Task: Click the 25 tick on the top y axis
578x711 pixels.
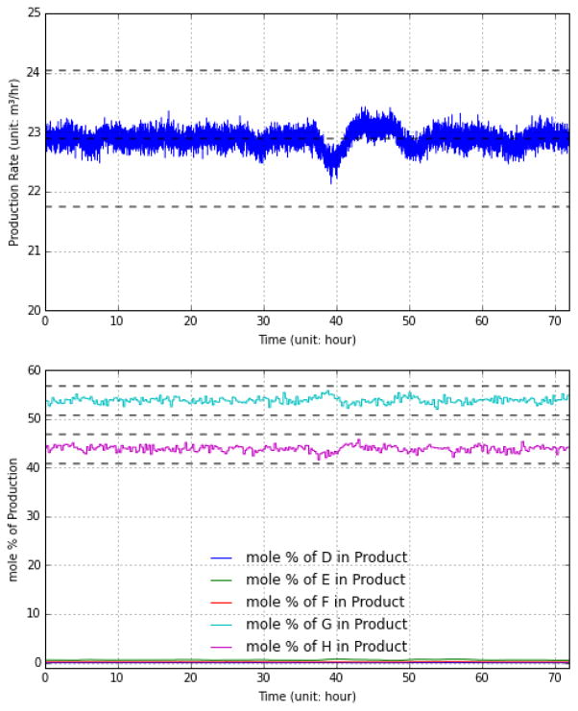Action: point(34,13)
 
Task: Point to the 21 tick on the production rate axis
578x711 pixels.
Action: point(34,251)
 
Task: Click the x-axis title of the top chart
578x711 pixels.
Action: point(306,341)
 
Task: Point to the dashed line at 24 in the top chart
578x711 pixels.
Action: point(307,70)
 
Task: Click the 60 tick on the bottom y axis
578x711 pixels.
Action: point(34,370)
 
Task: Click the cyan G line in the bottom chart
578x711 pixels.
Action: point(192,400)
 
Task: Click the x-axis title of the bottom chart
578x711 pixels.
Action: point(306,698)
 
